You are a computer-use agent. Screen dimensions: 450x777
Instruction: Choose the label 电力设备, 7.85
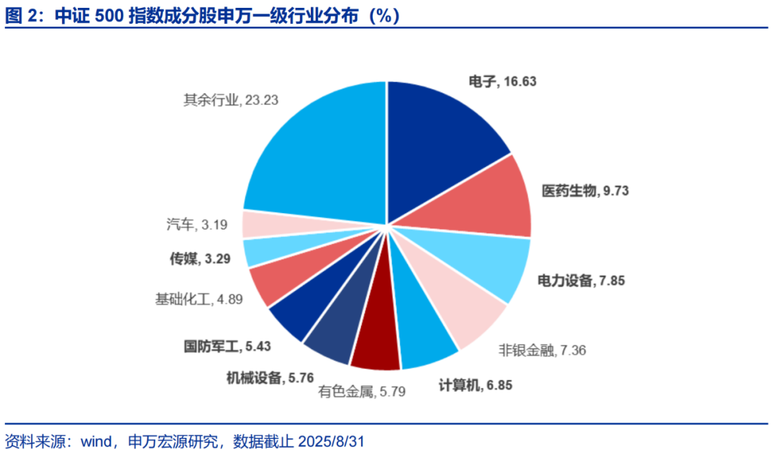581,280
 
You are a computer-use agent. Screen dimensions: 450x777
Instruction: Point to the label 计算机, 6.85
476,385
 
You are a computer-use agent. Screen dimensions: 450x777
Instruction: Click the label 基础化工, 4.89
199,297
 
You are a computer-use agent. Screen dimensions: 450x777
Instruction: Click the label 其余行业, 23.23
231,100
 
